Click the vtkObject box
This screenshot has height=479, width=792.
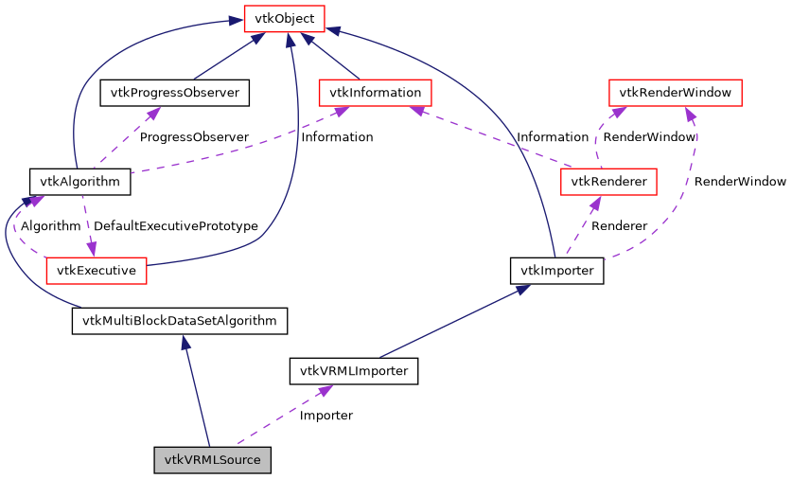pyautogui.click(x=284, y=18)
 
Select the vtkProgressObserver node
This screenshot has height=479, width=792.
pyautogui.click(x=174, y=92)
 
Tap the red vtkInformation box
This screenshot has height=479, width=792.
pyautogui.click(x=376, y=92)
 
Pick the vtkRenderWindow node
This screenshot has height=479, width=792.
pyautogui.click(x=675, y=92)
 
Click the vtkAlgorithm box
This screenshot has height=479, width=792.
pyautogui.click(x=79, y=181)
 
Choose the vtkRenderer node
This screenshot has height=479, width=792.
pyautogui.click(x=608, y=181)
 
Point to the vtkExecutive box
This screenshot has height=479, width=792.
pyautogui.click(x=96, y=270)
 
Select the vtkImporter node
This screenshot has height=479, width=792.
pyautogui.click(x=556, y=270)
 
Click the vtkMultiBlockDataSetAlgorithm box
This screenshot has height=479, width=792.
pyautogui.click(x=179, y=321)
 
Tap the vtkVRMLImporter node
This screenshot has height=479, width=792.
pyautogui.click(x=353, y=371)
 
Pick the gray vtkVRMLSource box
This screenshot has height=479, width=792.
pyautogui.click(x=213, y=460)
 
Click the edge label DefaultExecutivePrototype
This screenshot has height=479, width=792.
pyautogui.click(x=176, y=226)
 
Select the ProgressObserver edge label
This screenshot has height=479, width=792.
pyautogui.click(x=193, y=137)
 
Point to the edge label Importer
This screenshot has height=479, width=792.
pyautogui.click(x=326, y=416)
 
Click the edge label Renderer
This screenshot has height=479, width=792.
pyautogui.click(x=619, y=226)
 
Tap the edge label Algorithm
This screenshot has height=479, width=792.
pyautogui.click(x=50, y=226)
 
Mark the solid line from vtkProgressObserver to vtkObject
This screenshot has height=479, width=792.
pyautogui.click(x=227, y=56)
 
